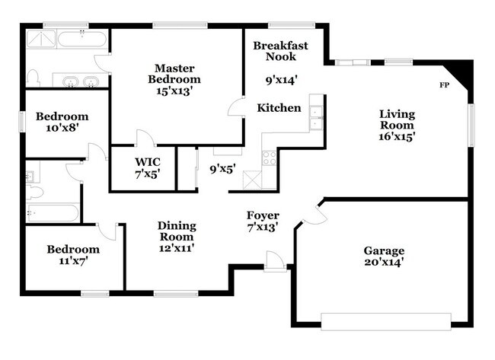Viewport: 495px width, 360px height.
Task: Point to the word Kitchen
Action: point(278,108)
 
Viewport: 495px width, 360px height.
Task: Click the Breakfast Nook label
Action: point(281,51)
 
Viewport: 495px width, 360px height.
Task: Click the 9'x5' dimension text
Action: point(222,169)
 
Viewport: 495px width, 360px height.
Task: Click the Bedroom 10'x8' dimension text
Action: point(62,129)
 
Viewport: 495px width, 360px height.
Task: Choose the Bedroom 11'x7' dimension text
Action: point(72,261)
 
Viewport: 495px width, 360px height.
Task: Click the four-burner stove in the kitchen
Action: point(270,158)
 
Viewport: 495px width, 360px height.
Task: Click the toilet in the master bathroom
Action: point(32,77)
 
